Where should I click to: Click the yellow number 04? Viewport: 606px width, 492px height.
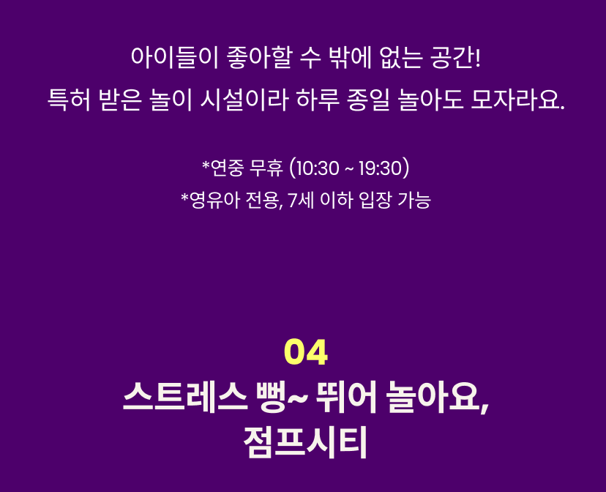[306, 351]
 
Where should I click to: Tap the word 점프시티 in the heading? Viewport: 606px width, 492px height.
[305, 442]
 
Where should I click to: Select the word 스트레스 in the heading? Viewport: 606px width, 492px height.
[185, 397]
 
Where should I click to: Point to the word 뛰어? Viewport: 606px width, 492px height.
[345, 397]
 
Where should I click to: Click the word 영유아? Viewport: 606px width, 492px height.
[214, 200]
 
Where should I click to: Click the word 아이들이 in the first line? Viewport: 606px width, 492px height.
[175, 58]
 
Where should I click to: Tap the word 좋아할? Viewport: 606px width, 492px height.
[258, 58]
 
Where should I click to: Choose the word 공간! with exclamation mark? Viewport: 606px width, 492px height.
[455, 58]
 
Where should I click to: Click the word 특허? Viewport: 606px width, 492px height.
[70, 100]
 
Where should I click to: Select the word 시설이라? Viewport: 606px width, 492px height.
[244, 100]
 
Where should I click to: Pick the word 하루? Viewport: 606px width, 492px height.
[318, 100]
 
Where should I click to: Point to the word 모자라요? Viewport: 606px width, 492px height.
[518, 100]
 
